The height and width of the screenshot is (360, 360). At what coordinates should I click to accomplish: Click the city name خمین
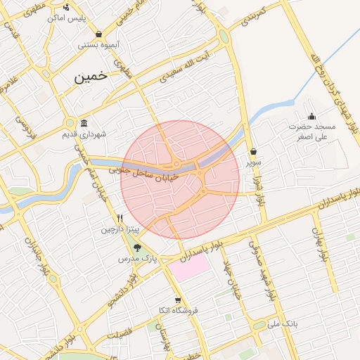coord(91,77)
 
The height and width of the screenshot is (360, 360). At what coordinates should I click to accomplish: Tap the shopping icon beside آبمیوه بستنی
coord(98,34)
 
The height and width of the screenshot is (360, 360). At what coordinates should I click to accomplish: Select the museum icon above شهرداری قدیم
coord(84,123)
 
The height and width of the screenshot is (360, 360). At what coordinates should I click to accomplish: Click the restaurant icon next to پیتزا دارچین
coord(120,218)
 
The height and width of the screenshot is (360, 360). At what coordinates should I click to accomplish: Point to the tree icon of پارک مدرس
coord(137,247)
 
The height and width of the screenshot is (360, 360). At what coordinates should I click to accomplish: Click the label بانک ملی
coord(285,325)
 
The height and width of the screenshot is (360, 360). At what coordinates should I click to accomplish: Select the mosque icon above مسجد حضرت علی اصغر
coord(311,116)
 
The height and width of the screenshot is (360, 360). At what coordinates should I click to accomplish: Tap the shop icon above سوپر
coord(252,151)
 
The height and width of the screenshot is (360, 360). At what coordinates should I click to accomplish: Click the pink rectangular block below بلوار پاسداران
coord(189,268)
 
